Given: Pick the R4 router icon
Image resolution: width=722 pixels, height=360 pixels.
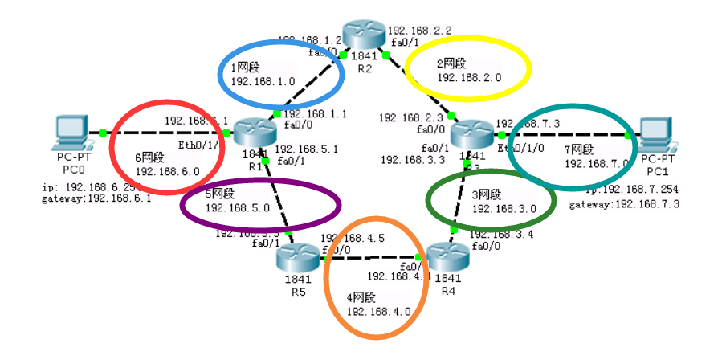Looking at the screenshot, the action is click(x=447, y=256).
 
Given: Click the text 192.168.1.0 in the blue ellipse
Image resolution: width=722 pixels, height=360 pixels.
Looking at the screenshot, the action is click(x=263, y=81).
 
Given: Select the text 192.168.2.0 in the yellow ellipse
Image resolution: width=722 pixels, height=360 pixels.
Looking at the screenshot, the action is click(x=469, y=78).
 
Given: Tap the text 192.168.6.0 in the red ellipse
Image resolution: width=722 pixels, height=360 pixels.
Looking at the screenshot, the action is click(x=167, y=170).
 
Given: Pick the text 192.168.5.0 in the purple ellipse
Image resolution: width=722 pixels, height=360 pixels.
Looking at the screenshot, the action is click(x=238, y=208).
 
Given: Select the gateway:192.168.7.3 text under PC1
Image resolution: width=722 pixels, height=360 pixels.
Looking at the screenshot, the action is click(x=625, y=206).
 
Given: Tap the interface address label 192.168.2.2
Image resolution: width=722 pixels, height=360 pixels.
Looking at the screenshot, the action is click(x=419, y=31).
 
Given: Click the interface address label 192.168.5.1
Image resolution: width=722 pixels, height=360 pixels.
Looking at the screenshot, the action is click(x=307, y=149).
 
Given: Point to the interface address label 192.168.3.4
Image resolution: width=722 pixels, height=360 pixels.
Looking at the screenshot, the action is click(x=500, y=235).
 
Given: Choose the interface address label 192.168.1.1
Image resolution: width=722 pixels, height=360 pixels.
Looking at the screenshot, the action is click(x=315, y=114).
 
